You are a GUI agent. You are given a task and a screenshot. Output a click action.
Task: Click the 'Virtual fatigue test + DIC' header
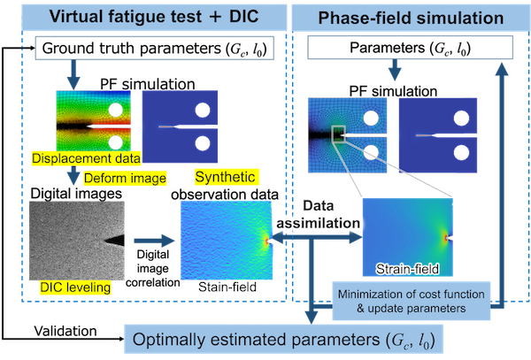[154, 17]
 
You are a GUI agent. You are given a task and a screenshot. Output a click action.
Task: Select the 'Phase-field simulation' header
[411, 18]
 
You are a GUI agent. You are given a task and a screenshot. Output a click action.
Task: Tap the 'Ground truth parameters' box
[154, 49]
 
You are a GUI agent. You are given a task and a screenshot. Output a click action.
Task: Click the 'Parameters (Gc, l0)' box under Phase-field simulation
[410, 48]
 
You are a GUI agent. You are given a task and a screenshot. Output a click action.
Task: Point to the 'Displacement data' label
[86, 158]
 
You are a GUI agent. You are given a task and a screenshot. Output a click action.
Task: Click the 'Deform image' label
[125, 179]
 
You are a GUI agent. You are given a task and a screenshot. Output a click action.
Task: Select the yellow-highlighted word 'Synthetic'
[225, 177]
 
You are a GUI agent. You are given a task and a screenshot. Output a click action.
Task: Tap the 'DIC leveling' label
[75, 287]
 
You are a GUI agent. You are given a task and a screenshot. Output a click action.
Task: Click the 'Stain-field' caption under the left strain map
[227, 287]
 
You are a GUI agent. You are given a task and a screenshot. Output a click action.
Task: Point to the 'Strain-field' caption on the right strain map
[407, 269]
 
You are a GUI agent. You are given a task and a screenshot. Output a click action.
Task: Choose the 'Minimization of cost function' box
[412, 301]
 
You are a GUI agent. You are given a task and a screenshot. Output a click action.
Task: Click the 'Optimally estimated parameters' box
[283, 340]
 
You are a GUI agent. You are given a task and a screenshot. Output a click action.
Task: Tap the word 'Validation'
[65, 331]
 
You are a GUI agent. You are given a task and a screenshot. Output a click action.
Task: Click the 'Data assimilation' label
[318, 214]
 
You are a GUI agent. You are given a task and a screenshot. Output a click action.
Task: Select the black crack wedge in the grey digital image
[114, 241]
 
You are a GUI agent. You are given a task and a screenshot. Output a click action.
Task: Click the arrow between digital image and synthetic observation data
[154, 241]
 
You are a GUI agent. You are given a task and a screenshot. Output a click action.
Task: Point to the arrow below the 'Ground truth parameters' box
[73, 74]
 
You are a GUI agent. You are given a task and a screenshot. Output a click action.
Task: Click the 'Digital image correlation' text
[153, 268]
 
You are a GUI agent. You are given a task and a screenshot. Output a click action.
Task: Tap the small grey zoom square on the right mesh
[338, 134]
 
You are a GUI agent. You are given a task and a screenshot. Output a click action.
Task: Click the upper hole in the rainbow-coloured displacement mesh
[116, 110]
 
